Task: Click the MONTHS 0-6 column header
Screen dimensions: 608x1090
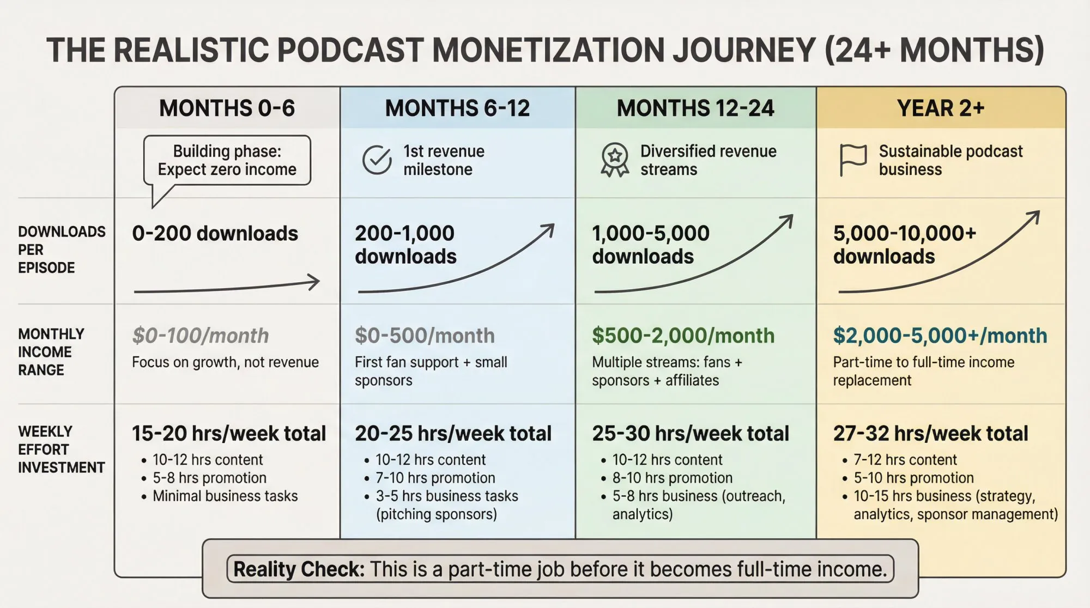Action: coord(227,108)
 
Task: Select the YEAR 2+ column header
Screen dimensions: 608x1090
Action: coord(941,108)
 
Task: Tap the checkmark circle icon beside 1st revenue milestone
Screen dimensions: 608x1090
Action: coord(377,160)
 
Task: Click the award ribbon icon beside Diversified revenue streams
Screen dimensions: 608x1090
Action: coord(615,160)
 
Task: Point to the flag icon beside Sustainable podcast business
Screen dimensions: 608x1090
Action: coord(852,160)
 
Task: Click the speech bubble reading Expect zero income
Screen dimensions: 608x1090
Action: coord(227,160)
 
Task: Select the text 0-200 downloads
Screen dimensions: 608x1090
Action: coord(215,234)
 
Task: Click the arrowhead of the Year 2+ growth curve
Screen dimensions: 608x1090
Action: coord(1033,217)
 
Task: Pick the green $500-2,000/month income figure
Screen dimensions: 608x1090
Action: coord(683,336)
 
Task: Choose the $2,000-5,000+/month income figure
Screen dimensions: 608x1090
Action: coord(940,336)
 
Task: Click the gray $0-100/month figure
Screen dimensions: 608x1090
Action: coord(201,336)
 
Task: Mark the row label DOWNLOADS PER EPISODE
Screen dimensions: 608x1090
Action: coord(61,250)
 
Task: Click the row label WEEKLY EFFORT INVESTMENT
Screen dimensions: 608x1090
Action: coord(61,449)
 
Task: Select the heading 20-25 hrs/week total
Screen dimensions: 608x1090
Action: coord(453,434)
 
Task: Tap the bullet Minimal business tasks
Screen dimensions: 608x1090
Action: coord(225,496)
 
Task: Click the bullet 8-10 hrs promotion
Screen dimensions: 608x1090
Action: coord(672,478)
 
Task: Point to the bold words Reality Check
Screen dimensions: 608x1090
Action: coord(299,569)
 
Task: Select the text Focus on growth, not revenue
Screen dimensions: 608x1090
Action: coord(225,362)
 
